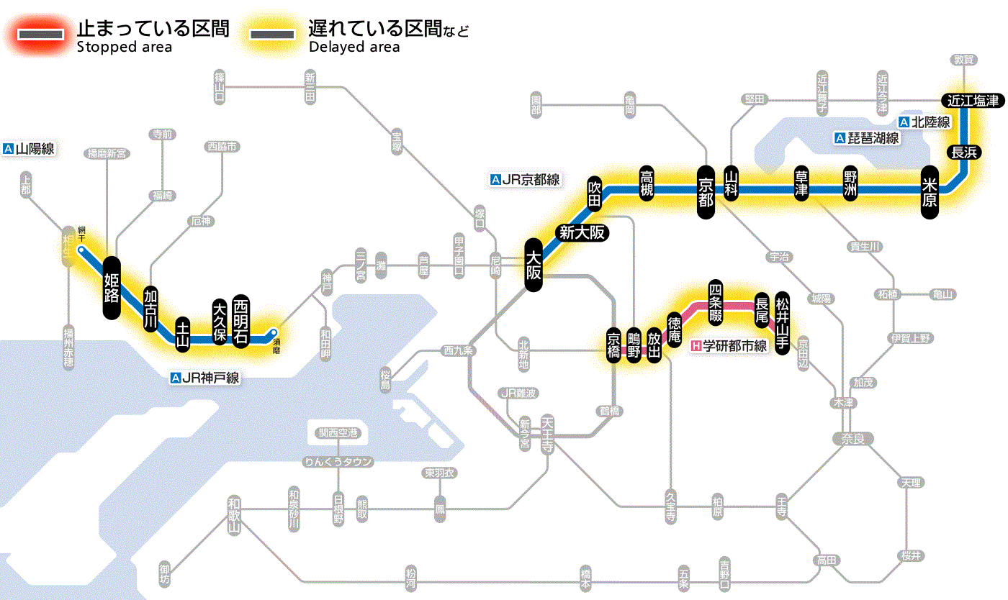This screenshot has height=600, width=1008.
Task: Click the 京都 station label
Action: (x=706, y=190)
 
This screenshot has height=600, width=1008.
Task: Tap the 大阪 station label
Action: (x=534, y=265)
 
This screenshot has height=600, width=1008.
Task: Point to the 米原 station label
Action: (x=930, y=191)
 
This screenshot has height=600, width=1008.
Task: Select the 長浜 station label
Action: (x=963, y=152)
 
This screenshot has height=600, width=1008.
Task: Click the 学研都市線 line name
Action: (x=729, y=346)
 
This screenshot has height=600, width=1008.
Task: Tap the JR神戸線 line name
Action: (x=205, y=377)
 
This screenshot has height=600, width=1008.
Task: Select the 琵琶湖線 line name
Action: (x=867, y=138)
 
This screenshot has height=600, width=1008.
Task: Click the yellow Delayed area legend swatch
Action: (x=271, y=35)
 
